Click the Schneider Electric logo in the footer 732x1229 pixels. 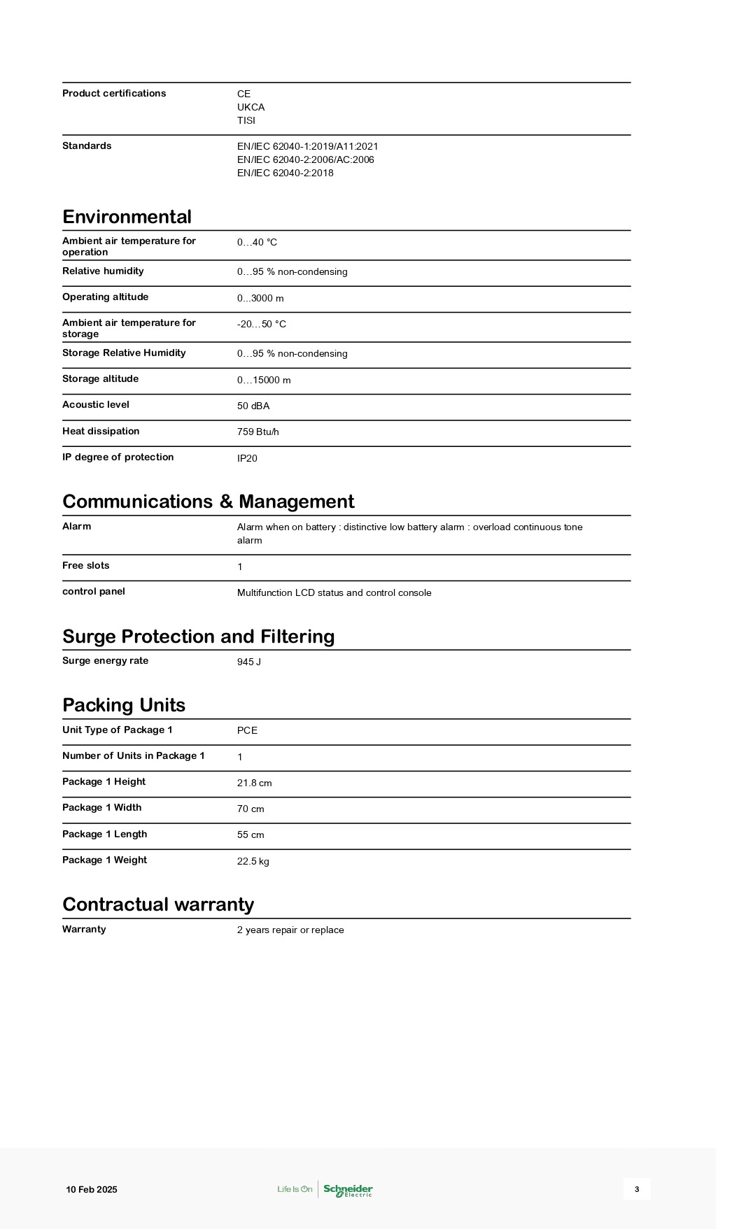348,1190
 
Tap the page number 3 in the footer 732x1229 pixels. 637,1189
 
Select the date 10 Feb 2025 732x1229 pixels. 92,1190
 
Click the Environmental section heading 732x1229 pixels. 127,217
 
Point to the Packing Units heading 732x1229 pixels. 124,705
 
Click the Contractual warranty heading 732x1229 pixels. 158,904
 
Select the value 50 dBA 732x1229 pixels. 253,406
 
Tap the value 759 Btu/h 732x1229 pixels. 258,432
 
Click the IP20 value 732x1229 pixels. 247,458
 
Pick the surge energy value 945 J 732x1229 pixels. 249,662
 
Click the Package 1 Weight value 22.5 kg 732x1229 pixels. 253,861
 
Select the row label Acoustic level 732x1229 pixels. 96,405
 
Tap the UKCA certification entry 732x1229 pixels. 251,107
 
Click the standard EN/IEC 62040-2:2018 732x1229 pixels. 286,173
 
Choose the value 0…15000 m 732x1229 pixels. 264,381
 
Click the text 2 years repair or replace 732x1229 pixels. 290,930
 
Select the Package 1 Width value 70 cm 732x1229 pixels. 251,809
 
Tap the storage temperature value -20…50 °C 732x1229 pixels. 262,325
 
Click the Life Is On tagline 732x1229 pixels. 295,1189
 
